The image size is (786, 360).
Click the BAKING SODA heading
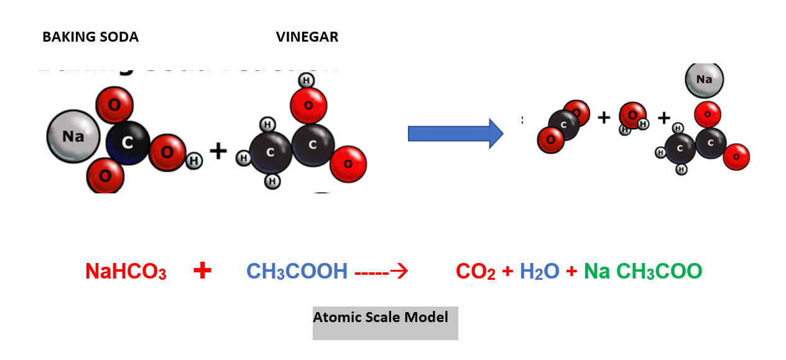coord(90,37)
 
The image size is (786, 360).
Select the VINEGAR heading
coord(307,37)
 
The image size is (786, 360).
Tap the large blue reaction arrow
coord(455,134)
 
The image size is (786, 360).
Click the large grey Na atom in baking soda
coord(73,136)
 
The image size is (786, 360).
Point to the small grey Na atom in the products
coord(704,80)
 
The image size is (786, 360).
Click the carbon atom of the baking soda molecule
coord(127,143)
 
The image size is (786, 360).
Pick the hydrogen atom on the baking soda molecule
coord(194,160)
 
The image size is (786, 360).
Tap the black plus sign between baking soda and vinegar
coord(218,151)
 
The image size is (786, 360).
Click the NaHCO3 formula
coord(126,272)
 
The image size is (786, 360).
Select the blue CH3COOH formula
coord(297,272)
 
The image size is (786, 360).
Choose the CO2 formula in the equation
coord(476,272)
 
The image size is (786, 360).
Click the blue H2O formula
coord(539,272)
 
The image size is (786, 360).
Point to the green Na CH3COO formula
coord(643,272)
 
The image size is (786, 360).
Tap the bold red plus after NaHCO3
coord(202,270)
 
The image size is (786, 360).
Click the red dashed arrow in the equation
coord(381,272)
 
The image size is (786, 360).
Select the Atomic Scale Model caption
coord(381,318)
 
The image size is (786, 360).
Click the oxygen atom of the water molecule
coord(632,115)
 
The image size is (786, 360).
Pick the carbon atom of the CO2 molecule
coord(564,124)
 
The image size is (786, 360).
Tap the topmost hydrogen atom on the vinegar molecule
coord(306,80)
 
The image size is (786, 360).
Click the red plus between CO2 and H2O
coord(507,272)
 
